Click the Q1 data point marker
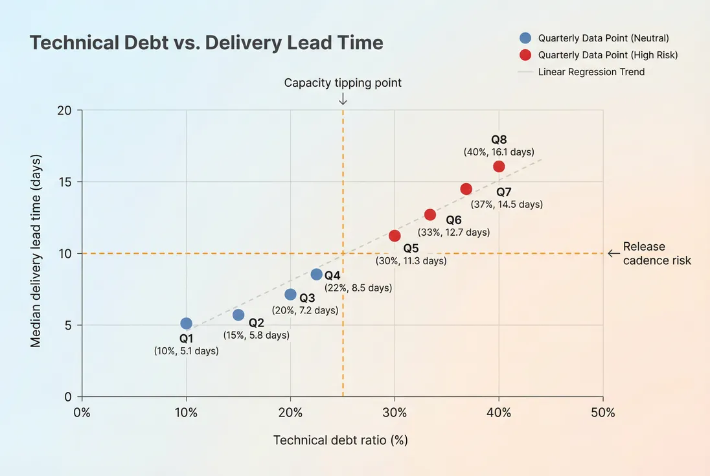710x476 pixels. pos(187,323)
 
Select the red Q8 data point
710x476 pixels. pos(499,166)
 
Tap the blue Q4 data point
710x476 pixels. pos(316,275)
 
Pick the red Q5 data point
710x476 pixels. pos(395,236)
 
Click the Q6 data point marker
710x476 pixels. pos(430,214)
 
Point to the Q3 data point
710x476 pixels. pos(290,295)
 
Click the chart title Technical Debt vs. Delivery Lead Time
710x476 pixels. pos(207,43)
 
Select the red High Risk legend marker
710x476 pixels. pos(526,55)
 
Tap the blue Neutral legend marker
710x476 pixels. pos(526,38)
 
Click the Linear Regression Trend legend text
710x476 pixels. pos(591,72)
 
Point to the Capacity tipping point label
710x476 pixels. pos(343,82)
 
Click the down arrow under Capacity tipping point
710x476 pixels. pos(343,98)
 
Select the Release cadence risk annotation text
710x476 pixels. pos(656,253)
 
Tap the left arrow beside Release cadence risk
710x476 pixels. pos(613,253)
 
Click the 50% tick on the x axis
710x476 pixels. pos(603,413)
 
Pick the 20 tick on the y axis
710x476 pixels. pos(64,110)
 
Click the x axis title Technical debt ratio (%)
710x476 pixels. pos(341,440)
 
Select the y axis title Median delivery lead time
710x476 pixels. pos(36,251)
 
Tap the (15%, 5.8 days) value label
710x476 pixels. pos(257,335)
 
